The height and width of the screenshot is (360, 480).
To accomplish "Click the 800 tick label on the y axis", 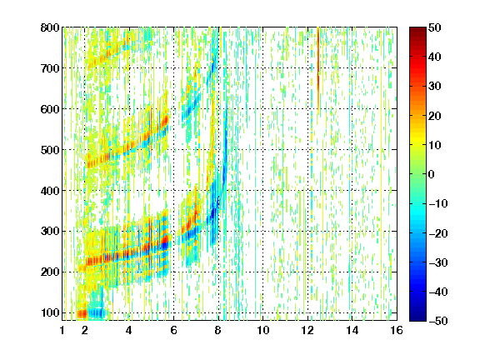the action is [50, 27].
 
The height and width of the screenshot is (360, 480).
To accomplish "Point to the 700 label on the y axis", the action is [50, 68].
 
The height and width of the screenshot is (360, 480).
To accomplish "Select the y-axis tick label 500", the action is [50, 150].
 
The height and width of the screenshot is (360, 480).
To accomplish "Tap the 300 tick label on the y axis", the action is [50, 232].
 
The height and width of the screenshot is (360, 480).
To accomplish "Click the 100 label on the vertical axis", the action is [50, 312].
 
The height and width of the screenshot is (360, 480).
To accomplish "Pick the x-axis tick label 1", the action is [62, 330].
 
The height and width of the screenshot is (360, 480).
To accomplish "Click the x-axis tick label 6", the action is [173, 330].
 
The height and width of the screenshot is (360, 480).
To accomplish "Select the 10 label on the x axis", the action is [263, 330].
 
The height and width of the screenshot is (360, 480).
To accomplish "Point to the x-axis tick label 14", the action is [352, 330].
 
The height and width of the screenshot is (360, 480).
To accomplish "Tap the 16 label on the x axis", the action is [397, 330].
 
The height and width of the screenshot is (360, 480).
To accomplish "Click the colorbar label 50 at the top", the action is [435, 27].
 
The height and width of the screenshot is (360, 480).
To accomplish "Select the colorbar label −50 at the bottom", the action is [438, 321].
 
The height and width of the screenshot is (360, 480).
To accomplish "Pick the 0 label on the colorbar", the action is [432, 174].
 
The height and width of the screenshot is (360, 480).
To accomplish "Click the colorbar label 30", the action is [435, 87].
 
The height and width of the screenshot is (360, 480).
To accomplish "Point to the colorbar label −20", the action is [438, 233].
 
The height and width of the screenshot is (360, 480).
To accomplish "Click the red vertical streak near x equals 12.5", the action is [318, 70].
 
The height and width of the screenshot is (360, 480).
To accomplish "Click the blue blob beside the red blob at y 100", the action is [97, 312].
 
